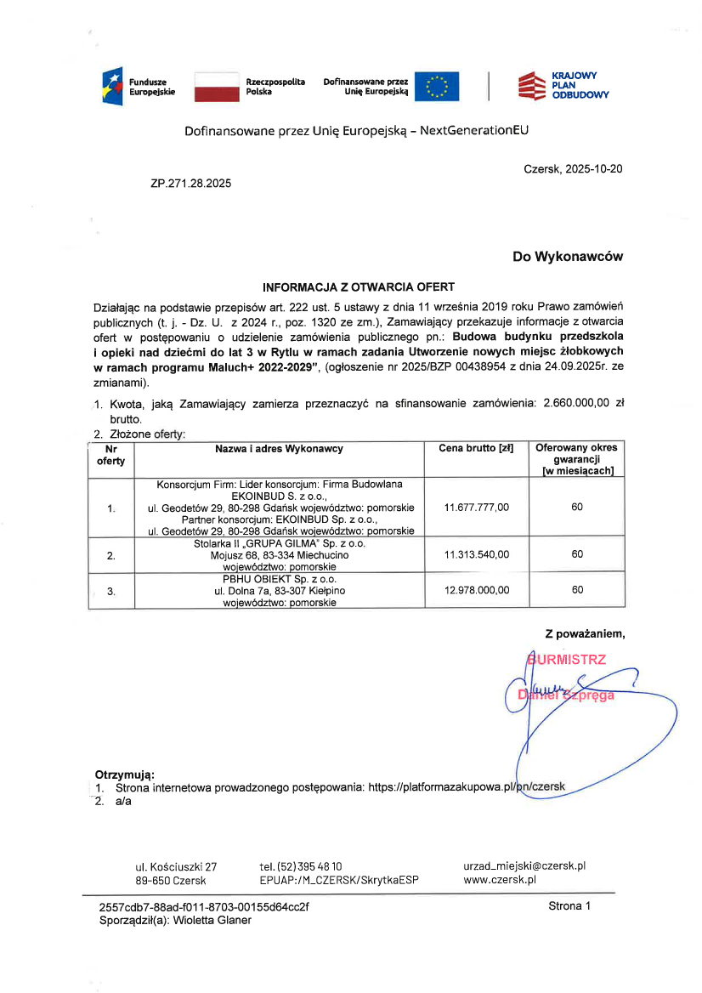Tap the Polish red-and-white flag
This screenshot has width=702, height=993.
point(216,87)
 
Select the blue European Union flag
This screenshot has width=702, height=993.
point(437,87)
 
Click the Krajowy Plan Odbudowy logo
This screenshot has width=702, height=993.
point(563,86)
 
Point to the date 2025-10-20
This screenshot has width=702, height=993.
point(592,169)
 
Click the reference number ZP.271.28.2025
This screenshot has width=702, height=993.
point(190,183)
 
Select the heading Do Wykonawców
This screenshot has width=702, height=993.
point(567,256)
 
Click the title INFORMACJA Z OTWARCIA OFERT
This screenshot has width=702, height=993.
point(359,287)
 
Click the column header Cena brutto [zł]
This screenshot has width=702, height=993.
point(476,448)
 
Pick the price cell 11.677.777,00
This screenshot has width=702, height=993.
point(477,508)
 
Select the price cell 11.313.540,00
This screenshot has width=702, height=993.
point(477,554)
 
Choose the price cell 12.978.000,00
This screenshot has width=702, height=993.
point(477,590)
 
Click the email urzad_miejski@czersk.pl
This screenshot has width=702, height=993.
point(524,865)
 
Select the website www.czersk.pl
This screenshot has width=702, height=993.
point(500,880)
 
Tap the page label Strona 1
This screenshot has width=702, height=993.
point(569,906)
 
